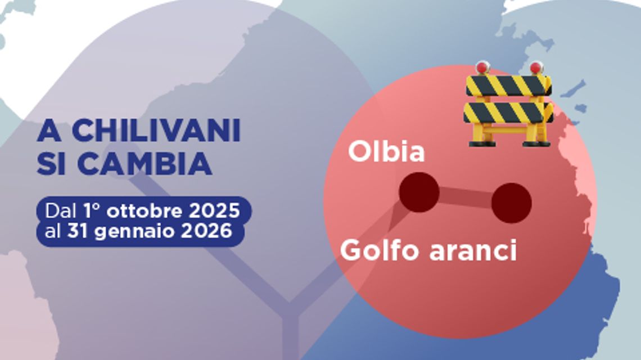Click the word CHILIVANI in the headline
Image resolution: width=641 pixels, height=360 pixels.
coord(156,131)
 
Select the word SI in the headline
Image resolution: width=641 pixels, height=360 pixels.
coord(53,163)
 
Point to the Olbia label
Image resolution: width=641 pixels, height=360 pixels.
coord(386,152)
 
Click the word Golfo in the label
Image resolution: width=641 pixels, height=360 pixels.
coord(380,250)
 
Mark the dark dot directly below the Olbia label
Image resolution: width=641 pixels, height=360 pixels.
coord(419,192)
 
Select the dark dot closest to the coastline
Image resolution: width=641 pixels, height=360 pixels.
coord(511,202)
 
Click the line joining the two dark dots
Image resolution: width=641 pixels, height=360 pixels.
coord(465,197)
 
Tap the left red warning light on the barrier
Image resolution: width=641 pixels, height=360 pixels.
coord(482,67)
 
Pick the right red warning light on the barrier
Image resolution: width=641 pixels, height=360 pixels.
coord(536,67)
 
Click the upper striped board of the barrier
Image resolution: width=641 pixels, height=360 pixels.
coord(508,85)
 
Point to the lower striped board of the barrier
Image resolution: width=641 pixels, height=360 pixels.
coord(508,112)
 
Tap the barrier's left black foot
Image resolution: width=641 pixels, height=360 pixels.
coord(482,143)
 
